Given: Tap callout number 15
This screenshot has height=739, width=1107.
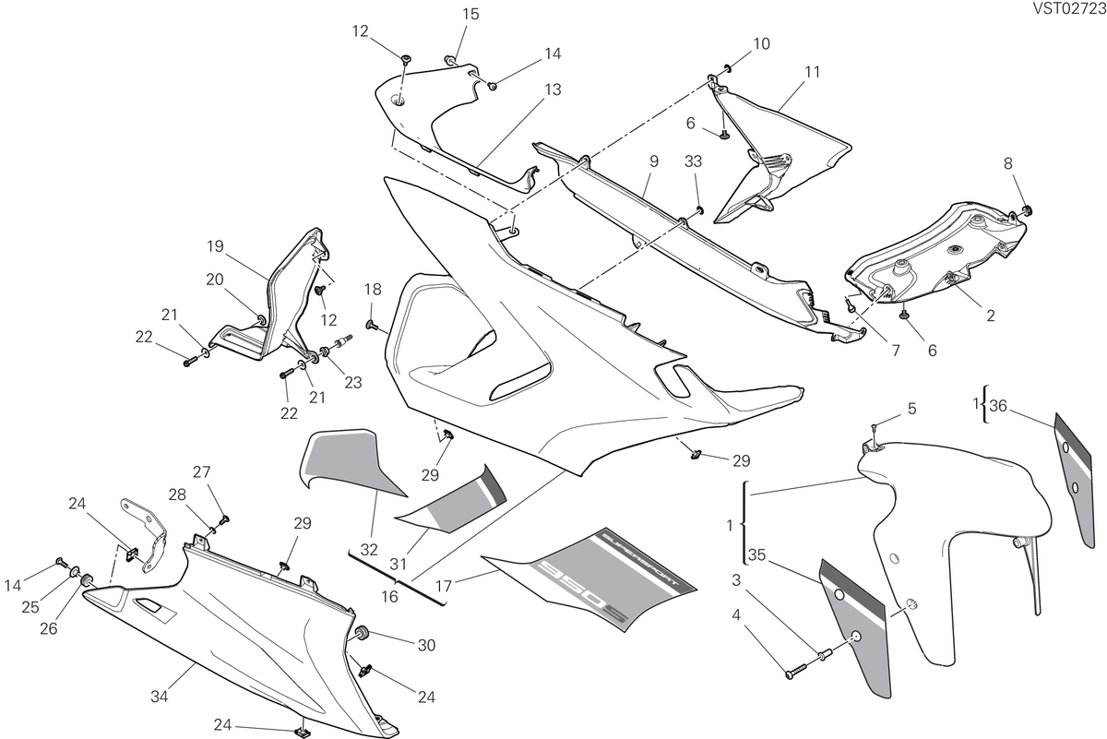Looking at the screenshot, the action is (470, 15).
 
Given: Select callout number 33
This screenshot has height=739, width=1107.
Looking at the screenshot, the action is (694, 161).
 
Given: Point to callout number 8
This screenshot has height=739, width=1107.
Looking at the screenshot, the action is (1008, 163).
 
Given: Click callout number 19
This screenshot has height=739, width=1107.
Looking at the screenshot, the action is (215, 246).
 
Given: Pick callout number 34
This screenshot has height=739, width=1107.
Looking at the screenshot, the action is (159, 697).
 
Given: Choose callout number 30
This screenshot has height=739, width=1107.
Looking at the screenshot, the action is (426, 645).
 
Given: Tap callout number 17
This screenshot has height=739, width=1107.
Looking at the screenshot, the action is (444, 586).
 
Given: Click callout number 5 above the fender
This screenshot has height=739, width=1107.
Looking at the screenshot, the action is (911, 409).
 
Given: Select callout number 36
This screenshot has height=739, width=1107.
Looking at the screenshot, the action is (998, 406).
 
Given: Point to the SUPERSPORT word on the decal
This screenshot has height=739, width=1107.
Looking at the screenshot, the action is (640, 562).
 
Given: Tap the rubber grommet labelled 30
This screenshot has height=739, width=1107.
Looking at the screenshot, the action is (362, 633).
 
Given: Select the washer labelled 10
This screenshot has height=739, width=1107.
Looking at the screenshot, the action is (728, 67).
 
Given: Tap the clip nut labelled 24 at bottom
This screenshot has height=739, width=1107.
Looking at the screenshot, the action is (301, 732).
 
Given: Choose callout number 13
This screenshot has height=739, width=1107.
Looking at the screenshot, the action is (553, 90).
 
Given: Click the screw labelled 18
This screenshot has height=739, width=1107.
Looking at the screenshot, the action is (371, 325).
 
